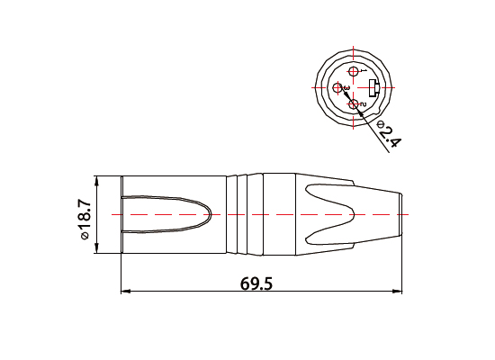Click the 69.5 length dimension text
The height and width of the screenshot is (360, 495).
pos(256,283)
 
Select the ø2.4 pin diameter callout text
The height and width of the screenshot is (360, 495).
pos(388,135)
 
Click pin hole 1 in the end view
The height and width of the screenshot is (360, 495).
pos(354,72)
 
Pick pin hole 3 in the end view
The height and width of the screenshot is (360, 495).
pos(338,87)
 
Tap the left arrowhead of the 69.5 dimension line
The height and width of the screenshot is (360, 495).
pos(125,292)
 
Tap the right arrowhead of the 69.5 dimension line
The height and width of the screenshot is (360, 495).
pos(399,292)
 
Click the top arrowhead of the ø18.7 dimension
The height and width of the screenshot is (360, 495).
pos(98,180)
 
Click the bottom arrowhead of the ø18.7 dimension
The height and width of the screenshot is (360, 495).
pos(98,252)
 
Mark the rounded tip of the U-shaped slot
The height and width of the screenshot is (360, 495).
pos(209,216)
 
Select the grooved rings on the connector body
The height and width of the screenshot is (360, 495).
pos(243,216)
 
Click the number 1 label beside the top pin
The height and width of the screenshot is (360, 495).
pos(363,70)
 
